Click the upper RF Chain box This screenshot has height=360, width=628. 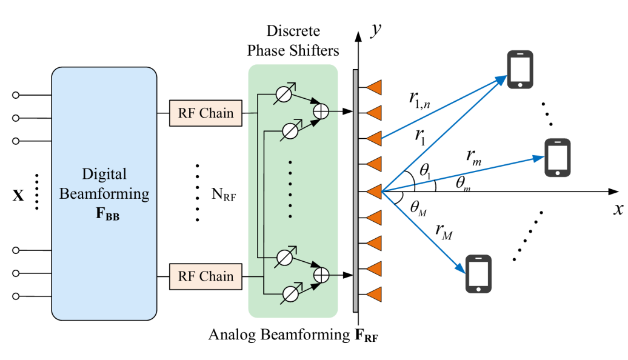click(205, 113)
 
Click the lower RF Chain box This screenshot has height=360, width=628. click(205, 276)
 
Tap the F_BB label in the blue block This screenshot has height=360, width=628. click(107, 213)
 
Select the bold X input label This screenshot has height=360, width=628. click(18, 195)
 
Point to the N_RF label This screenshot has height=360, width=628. click(224, 194)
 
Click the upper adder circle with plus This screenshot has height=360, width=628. click(321, 112)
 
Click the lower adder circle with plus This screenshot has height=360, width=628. click(321, 275)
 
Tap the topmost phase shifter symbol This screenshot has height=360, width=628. click(284, 94)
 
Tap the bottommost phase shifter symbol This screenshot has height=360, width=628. click(291, 294)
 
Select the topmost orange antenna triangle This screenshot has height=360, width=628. click(373, 87)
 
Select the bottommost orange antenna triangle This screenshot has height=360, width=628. click(373, 295)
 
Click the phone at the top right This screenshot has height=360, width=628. click(520, 69)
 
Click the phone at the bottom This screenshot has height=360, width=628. click(478, 274)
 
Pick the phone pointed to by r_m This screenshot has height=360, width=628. click(557, 158)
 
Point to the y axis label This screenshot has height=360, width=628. click(376, 29)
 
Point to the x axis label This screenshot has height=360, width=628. click(618, 208)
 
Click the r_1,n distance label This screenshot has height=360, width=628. click(419, 99)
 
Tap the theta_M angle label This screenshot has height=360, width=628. click(418, 208)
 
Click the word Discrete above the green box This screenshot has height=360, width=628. click(293, 31)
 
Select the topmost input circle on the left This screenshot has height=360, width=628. click(16, 95)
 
